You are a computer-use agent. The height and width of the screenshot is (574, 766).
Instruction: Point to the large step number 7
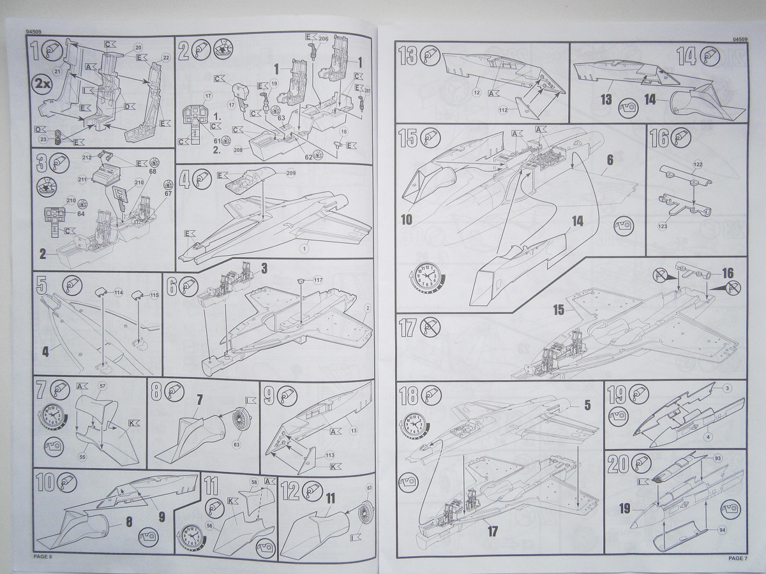(x=41, y=389)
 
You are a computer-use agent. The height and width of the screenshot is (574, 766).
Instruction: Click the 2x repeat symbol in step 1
(x=42, y=84)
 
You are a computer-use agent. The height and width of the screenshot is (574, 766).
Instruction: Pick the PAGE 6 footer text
(x=45, y=559)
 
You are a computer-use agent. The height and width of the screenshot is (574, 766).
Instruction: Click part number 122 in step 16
(x=697, y=165)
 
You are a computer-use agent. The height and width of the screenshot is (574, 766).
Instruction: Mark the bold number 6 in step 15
(x=611, y=161)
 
